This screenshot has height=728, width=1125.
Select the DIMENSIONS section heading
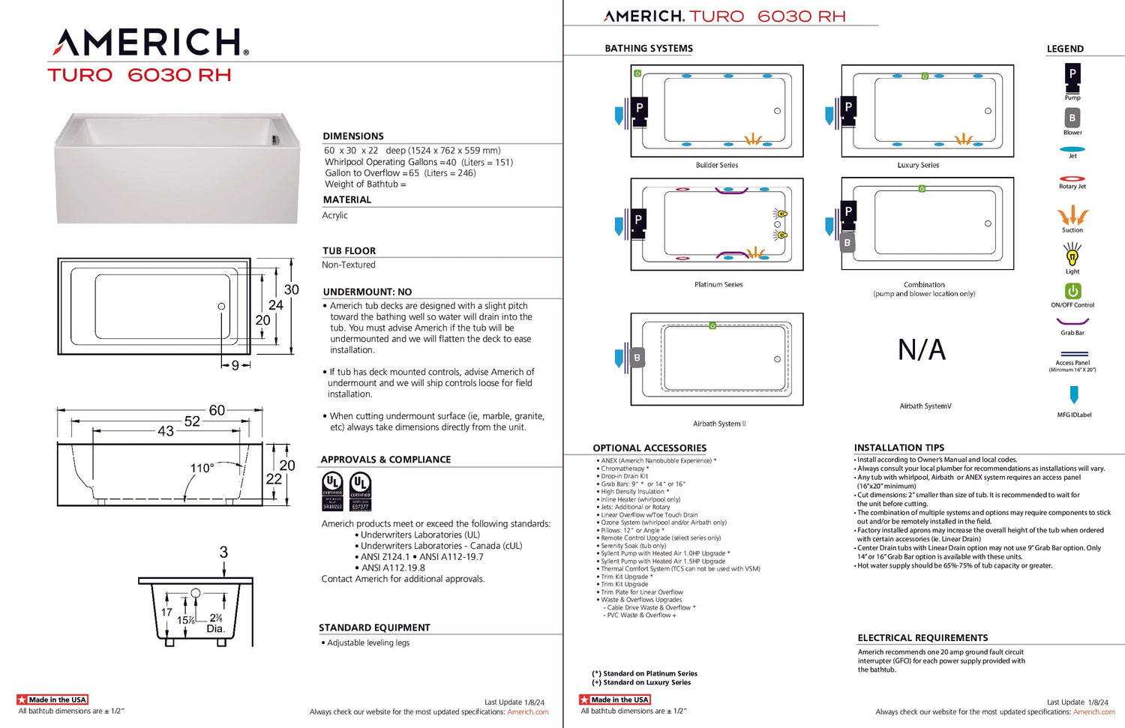tap(353, 136)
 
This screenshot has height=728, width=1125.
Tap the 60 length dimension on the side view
tap(217, 410)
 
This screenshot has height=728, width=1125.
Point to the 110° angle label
tap(202, 468)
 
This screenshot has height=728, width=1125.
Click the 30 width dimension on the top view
tap(291, 289)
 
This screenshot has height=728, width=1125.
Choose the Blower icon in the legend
tap(1072, 118)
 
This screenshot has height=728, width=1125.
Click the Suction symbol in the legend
tap(1072, 216)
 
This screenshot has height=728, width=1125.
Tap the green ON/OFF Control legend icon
tap(1072, 291)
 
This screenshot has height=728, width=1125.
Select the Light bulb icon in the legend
tap(1072, 255)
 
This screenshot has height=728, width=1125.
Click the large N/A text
tap(922, 350)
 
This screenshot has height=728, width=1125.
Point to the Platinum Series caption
tap(718, 285)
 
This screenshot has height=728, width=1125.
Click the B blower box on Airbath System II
tap(637, 358)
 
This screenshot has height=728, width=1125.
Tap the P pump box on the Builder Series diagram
tap(639, 107)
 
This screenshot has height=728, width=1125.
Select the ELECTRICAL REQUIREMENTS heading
tap(922, 638)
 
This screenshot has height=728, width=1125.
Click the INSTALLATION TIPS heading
tap(899, 448)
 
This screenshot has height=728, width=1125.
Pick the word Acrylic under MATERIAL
tap(335, 215)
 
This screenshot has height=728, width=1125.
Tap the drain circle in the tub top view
tap(221, 306)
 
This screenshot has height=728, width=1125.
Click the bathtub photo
tap(176, 168)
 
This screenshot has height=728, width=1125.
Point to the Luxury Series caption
tap(918, 165)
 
